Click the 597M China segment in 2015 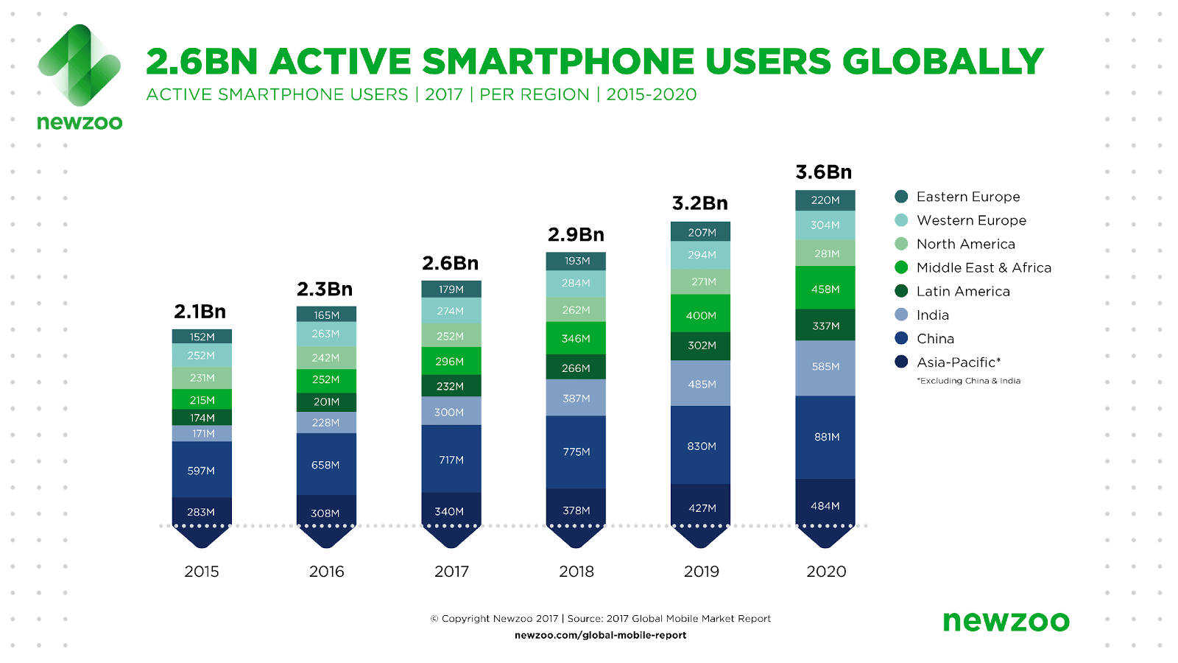(202, 470)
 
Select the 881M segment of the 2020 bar (825, 437)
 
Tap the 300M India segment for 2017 (451, 412)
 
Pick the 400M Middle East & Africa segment (700, 315)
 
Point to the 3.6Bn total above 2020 (824, 172)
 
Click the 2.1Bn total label (200, 312)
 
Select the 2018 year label (576, 572)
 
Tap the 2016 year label (326, 572)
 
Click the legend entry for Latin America (962, 291)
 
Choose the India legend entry (932, 315)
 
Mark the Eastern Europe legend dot (901, 197)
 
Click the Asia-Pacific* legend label (958, 362)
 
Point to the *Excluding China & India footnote (968, 381)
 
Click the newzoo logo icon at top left (79, 65)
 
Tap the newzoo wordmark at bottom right (1006, 621)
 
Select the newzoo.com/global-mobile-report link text (600, 635)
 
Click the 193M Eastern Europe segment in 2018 (576, 261)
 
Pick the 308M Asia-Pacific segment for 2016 (326, 513)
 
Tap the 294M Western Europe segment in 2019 (700, 255)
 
